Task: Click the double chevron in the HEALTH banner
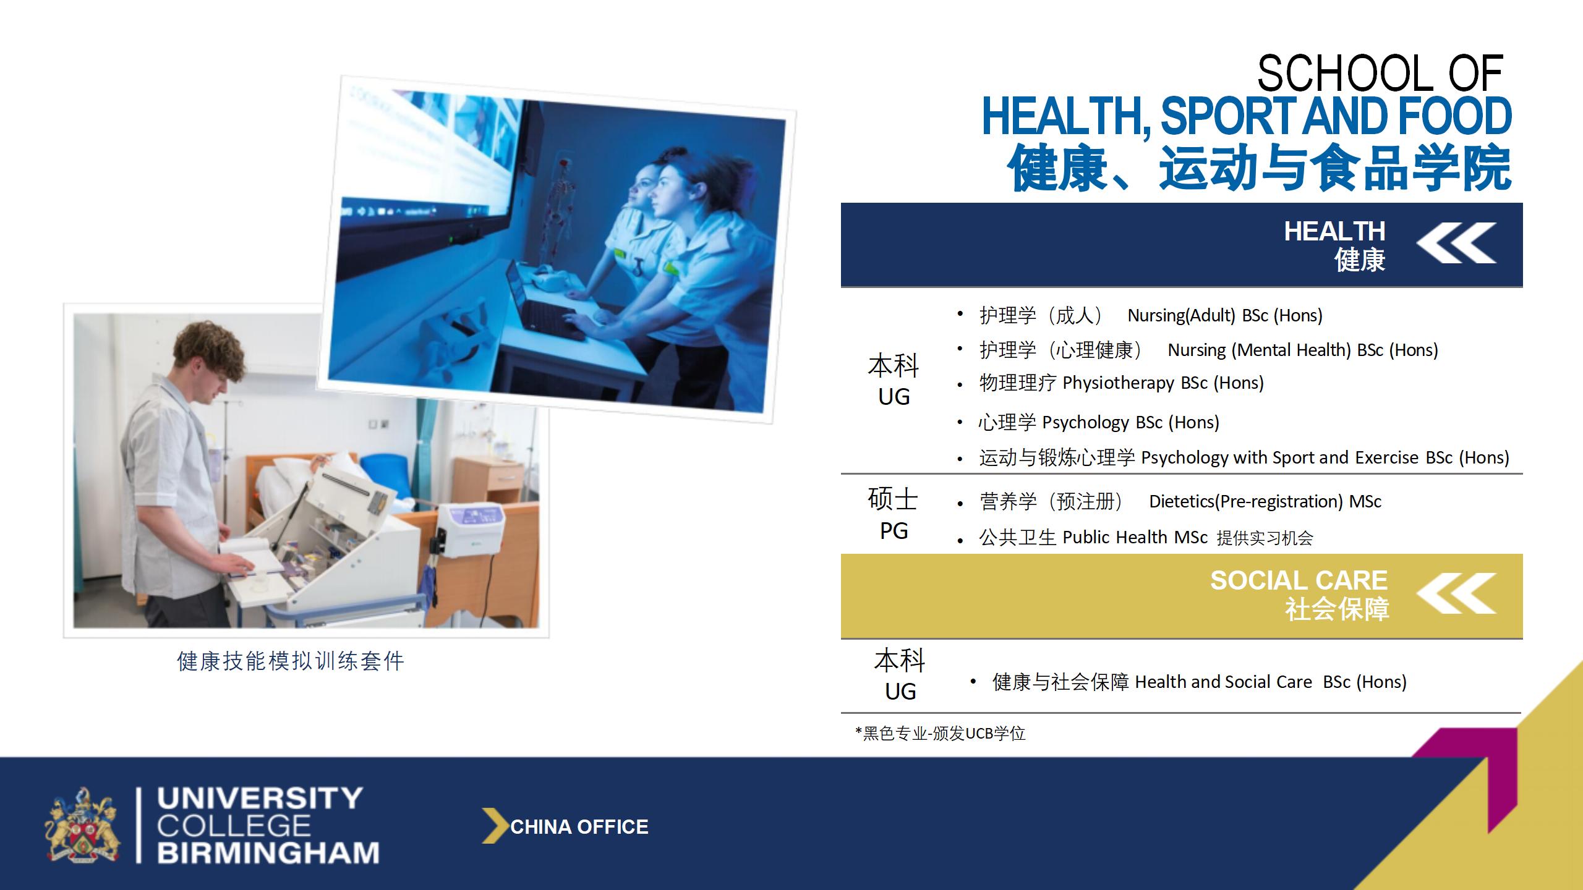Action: [x=1457, y=243]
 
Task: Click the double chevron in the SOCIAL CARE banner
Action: [x=1457, y=593]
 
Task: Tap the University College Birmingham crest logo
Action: [x=81, y=825]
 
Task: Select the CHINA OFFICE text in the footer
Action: [x=579, y=827]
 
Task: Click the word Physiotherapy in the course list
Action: [x=1118, y=383]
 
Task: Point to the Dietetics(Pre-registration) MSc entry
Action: [x=1265, y=501]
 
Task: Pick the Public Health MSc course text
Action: [x=1135, y=537]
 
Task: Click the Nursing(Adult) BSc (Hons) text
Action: [x=1225, y=316]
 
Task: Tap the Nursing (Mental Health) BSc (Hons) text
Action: [x=1303, y=350]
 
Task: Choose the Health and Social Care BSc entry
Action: [x=1271, y=682]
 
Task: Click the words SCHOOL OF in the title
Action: [x=1380, y=73]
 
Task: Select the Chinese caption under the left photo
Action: [x=291, y=661]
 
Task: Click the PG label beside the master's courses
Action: [x=894, y=531]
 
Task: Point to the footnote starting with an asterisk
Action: [x=940, y=734]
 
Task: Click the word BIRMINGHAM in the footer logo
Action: [x=268, y=853]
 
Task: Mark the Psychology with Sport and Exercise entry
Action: [x=1325, y=458]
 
